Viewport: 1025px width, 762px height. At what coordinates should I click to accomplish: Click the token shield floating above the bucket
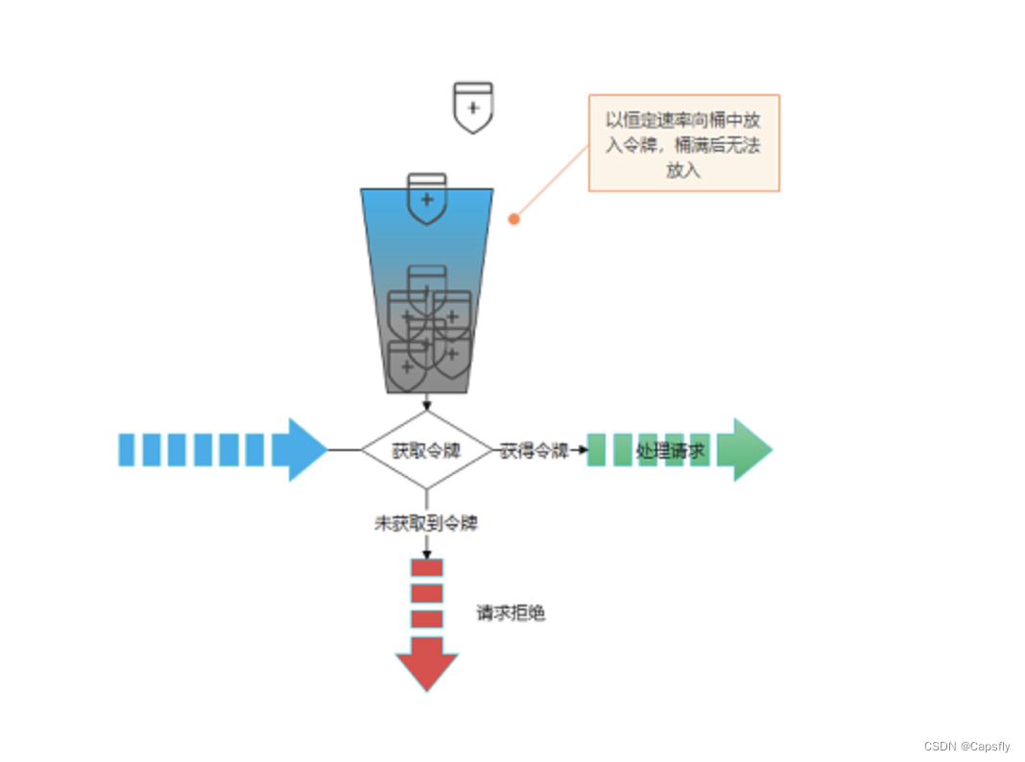click(x=472, y=107)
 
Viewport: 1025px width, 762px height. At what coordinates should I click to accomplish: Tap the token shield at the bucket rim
click(x=427, y=198)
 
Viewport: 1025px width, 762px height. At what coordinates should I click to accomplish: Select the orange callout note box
click(x=683, y=143)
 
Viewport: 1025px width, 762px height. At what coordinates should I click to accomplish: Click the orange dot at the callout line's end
click(x=513, y=219)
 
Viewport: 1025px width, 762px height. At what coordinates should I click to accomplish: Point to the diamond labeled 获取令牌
click(x=427, y=449)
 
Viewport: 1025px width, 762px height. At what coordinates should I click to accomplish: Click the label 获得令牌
click(x=534, y=450)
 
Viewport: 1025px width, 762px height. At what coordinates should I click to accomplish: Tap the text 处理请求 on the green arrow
click(x=670, y=450)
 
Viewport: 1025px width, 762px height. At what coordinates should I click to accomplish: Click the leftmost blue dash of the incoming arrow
click(x=127, y=449)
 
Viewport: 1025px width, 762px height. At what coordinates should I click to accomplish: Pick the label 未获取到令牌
click(x=426, y=524)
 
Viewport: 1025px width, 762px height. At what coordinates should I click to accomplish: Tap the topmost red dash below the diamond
click(x=427, y=567)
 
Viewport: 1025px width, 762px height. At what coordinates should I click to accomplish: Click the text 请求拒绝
click(x=511, y=613)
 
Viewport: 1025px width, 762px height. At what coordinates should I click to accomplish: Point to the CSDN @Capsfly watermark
click(x=966, y=747)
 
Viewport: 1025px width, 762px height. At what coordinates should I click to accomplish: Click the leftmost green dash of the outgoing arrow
click(x=596, y=449)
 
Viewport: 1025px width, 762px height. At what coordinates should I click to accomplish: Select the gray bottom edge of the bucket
click(x=427, y=390)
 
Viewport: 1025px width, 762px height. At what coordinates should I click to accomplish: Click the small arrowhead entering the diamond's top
click(x=427, y=406)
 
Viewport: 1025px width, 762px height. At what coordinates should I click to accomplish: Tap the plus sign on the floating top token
click(x=472, y=107)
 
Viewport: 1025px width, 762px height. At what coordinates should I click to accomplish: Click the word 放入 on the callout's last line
click(x=683, y=170)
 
